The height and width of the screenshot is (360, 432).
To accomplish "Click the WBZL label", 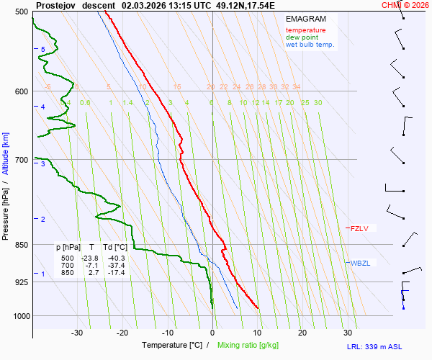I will [360, 263].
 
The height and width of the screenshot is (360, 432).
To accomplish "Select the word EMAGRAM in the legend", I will [305, 18].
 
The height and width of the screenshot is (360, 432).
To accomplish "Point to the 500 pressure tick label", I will [21, 12].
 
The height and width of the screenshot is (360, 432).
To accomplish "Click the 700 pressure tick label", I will [21, 160].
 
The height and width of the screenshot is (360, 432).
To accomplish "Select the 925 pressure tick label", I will [21, 282].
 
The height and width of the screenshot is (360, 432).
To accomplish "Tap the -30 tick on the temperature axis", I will [78, 333].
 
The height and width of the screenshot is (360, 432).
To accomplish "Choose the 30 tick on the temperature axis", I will [348, 333].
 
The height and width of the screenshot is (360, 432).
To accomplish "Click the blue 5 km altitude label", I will [43, 49].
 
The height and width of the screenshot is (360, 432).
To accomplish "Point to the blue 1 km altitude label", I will [43, 274].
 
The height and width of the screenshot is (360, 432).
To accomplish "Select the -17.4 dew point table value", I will [116, 273].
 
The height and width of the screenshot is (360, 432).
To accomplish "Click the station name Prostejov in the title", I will [55, 4].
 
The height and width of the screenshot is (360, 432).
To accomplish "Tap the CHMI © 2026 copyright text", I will [405, 4].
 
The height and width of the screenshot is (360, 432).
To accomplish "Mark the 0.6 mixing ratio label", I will [85, 103].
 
